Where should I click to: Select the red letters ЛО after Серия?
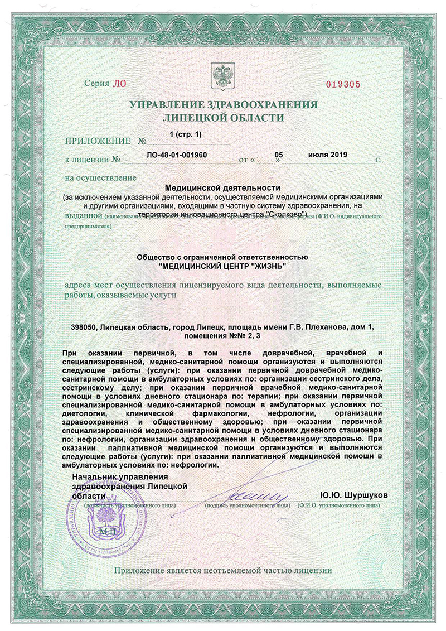click(x=120, y=84)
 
